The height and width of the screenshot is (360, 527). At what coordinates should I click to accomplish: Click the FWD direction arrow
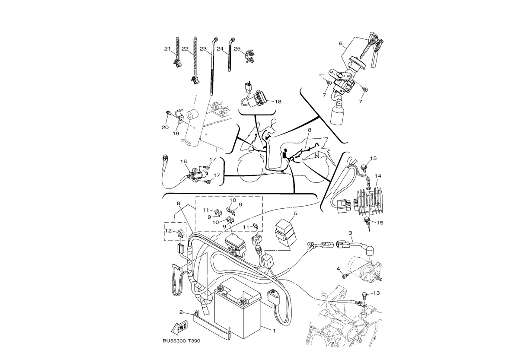click(179, 327)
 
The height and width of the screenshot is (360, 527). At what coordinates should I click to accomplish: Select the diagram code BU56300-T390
click(182, 341)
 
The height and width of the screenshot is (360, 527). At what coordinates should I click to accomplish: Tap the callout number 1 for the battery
click(274, 331)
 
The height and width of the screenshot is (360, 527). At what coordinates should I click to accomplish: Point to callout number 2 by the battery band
click(181, 312)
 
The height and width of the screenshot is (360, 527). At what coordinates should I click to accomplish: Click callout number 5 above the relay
click(296, 213)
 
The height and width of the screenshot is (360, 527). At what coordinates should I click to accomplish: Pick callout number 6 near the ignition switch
click(340, 43)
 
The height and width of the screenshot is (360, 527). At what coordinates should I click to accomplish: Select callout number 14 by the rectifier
click(378, 176)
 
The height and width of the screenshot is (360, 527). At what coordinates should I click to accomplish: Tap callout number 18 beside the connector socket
click(278, 102)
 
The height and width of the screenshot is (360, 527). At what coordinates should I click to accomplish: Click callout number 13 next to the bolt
click(377, 293)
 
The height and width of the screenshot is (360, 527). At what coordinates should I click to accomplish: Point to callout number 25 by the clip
click(237, 49)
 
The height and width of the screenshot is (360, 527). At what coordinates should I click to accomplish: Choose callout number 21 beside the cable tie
click(167, 49)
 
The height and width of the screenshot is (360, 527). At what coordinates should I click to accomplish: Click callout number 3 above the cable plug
click(350, 233)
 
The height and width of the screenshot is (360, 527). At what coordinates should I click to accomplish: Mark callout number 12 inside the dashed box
click(169, 231)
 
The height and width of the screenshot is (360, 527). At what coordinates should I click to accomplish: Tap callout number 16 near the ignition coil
click(183, 161)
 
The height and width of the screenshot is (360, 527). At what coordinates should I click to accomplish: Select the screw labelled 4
click(345, 275)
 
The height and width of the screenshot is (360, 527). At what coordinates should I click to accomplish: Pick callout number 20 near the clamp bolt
click(165, 127)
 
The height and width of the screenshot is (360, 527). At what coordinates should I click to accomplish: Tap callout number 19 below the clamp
click(176, 133)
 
